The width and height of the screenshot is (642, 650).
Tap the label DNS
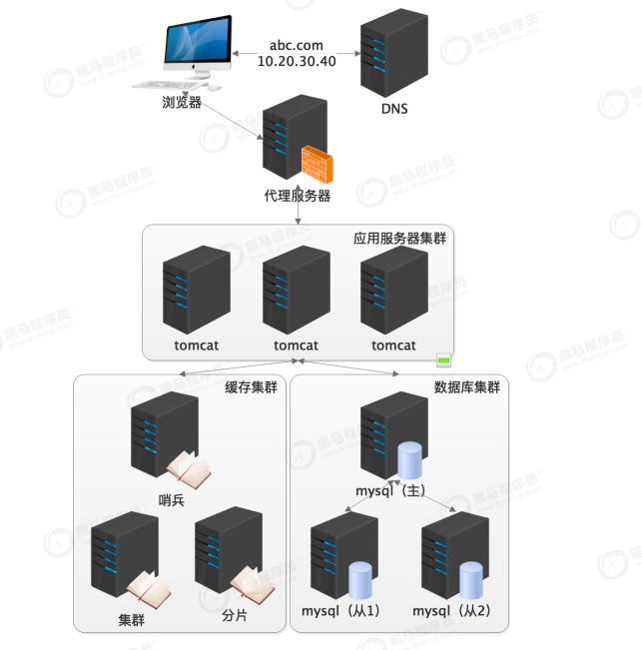click(394, 109)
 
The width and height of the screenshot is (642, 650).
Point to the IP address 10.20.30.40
click(297, 61)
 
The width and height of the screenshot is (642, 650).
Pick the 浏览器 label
click(182, 102)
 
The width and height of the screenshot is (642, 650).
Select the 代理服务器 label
click(298, 196)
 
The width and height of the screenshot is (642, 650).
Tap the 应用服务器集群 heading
click(399, 240)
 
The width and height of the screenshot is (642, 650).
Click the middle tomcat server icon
click(296, 291)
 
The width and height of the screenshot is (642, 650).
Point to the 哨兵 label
click(172, 499)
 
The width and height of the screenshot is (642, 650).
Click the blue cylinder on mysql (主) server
click(409, 461)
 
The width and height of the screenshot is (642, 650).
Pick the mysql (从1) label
click(340, 610)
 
